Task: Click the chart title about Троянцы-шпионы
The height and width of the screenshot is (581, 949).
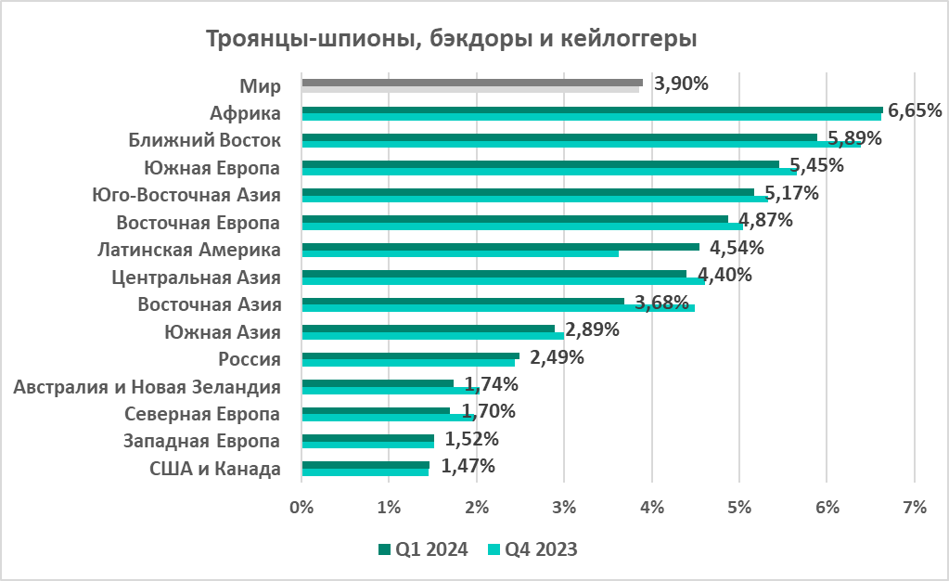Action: pos(450,39)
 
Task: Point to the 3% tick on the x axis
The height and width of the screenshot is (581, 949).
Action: pos(564,507)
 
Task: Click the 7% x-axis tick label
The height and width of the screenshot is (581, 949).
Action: pos(915,507)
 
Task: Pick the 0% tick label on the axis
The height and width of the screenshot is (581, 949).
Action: pos(301,507)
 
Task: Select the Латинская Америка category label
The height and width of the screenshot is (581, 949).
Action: pos(189,250)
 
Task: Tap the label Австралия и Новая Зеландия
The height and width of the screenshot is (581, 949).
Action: pos(147,386)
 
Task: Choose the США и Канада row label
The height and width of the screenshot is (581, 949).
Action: pos(215,469)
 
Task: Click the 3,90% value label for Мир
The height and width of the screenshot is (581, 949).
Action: pos(681,84)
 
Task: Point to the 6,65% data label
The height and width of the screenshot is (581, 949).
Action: pos(915,110)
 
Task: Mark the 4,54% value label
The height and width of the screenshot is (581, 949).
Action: pos(737,248)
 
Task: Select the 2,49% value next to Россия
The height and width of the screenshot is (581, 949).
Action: pos(557,357)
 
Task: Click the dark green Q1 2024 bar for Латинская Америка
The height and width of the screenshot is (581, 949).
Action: pos(500,247)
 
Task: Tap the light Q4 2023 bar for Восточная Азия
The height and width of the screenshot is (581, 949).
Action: pos(497,308)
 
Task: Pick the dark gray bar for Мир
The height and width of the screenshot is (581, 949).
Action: pos(472,83)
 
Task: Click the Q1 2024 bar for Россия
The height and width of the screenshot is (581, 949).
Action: pos(410,355)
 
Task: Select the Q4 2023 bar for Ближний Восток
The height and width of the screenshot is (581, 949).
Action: pos(581,144)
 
